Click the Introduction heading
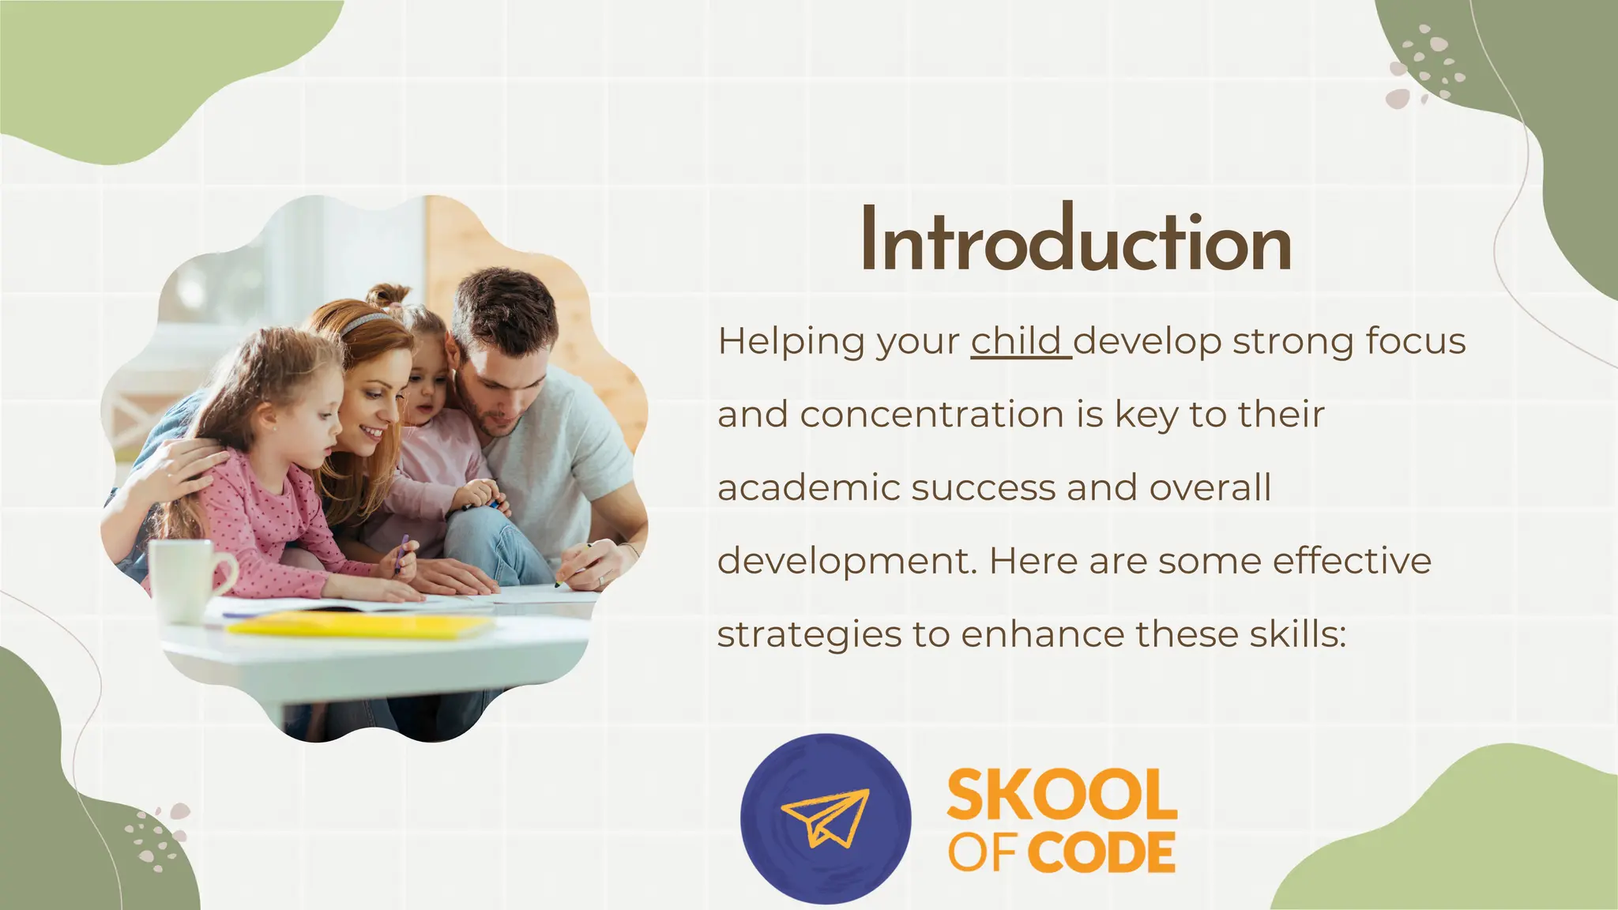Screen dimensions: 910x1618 1075,240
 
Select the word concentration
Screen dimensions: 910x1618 932,415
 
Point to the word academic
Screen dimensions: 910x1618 808,487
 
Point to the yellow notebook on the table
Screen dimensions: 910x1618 359,626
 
